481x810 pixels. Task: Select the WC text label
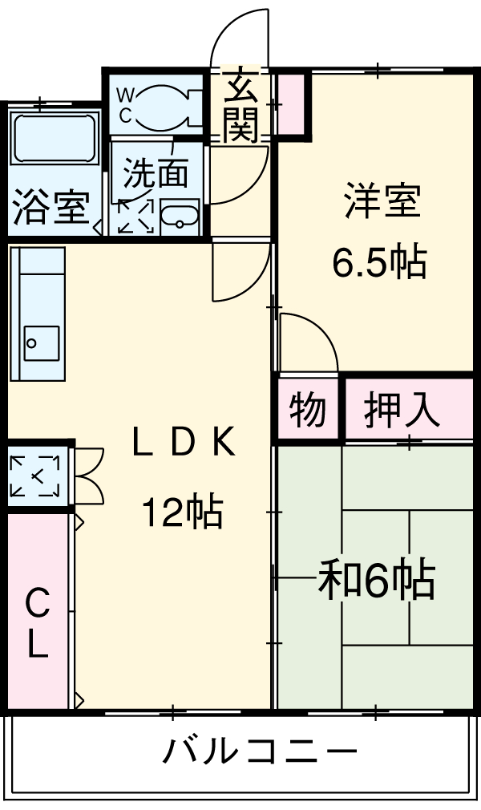(125, 105)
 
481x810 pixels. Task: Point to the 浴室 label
(50, 209)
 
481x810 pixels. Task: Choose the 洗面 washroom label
(156, 171)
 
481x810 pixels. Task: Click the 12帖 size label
(183, 512)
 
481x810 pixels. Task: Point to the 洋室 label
(382, 200)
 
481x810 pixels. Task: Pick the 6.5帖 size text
(380, 261)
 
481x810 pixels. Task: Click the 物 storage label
(308, 411)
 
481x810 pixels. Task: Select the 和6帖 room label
(377, 580)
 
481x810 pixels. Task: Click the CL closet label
(37, 624)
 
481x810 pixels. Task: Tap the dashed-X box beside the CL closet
(35, 476)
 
